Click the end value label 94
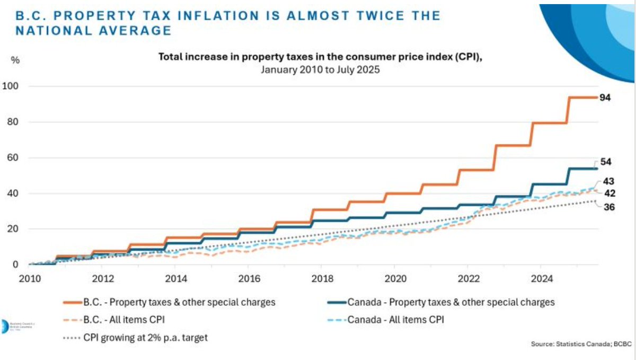coord(606,98)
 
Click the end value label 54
coord(606,163)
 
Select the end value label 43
coord(609,181)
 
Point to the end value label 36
coord(609,207)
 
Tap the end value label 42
coord(609,194)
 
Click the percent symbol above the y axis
coord(15,60)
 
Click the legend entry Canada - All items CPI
coord(395,320)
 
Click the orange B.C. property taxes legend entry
coord(170,302)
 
